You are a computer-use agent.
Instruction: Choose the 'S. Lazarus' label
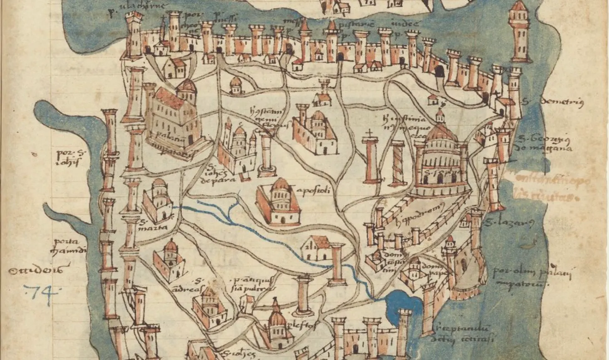pos(509,223)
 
